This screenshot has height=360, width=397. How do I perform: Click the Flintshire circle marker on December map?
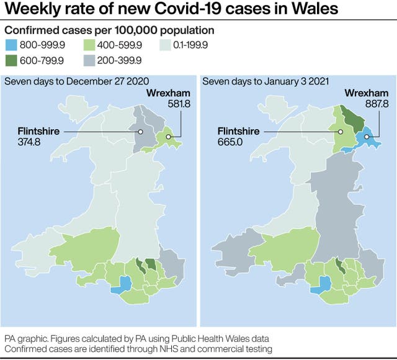[141, 132]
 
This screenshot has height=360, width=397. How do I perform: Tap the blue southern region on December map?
[122, 285]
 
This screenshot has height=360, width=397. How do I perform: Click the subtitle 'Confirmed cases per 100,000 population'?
[110, 30]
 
